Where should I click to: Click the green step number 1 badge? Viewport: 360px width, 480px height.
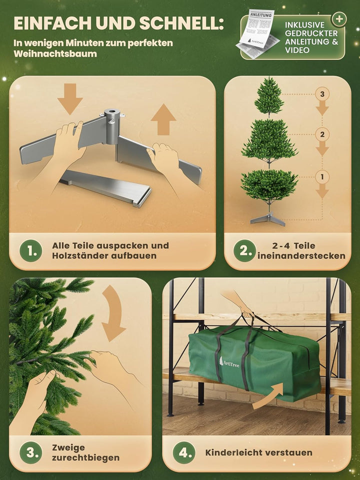pyautogui.click(x=31, y=251)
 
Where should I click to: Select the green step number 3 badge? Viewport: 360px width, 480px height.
pyautogui.click(x=31, y=453)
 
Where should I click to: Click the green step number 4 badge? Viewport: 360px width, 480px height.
pyautogui.click(x=184, y=453)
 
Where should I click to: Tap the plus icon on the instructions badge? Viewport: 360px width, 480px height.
pyautogui.click(x=340, y=19)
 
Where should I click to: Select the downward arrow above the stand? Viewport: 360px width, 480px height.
pyautogui.click(x=70, y=98)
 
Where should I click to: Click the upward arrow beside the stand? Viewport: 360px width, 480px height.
pyautogui.click(x=163, y=120)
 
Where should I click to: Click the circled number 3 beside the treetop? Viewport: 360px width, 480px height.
pyautogui.click(x=322, y=94)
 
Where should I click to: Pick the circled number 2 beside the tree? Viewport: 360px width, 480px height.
pyautogui.click(x=322, y=134)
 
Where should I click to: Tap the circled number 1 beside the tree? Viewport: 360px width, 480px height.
pyautogui.click(x=322, y=176)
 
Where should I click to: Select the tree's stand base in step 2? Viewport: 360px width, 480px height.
pyautogui.click(x=269, y=219)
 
